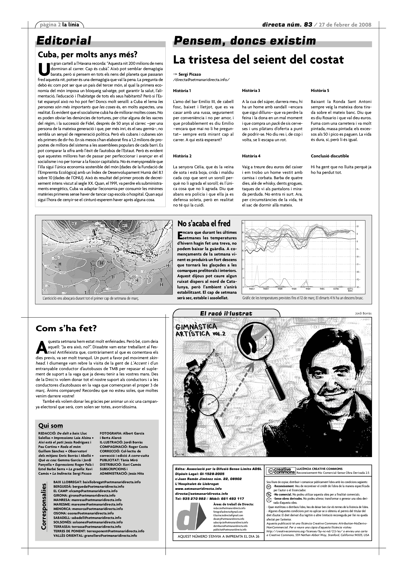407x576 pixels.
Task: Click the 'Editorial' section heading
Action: tap(64, 41)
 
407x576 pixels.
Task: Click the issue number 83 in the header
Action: tap(308, 25)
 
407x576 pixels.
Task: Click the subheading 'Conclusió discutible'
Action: tap(330, 156)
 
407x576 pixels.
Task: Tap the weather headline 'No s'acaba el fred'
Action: tap(204, 224)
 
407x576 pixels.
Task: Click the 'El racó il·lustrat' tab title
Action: tap(226, 313)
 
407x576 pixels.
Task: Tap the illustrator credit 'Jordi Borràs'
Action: tap(363, 313)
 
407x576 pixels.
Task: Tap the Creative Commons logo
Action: tap(280, 471)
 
